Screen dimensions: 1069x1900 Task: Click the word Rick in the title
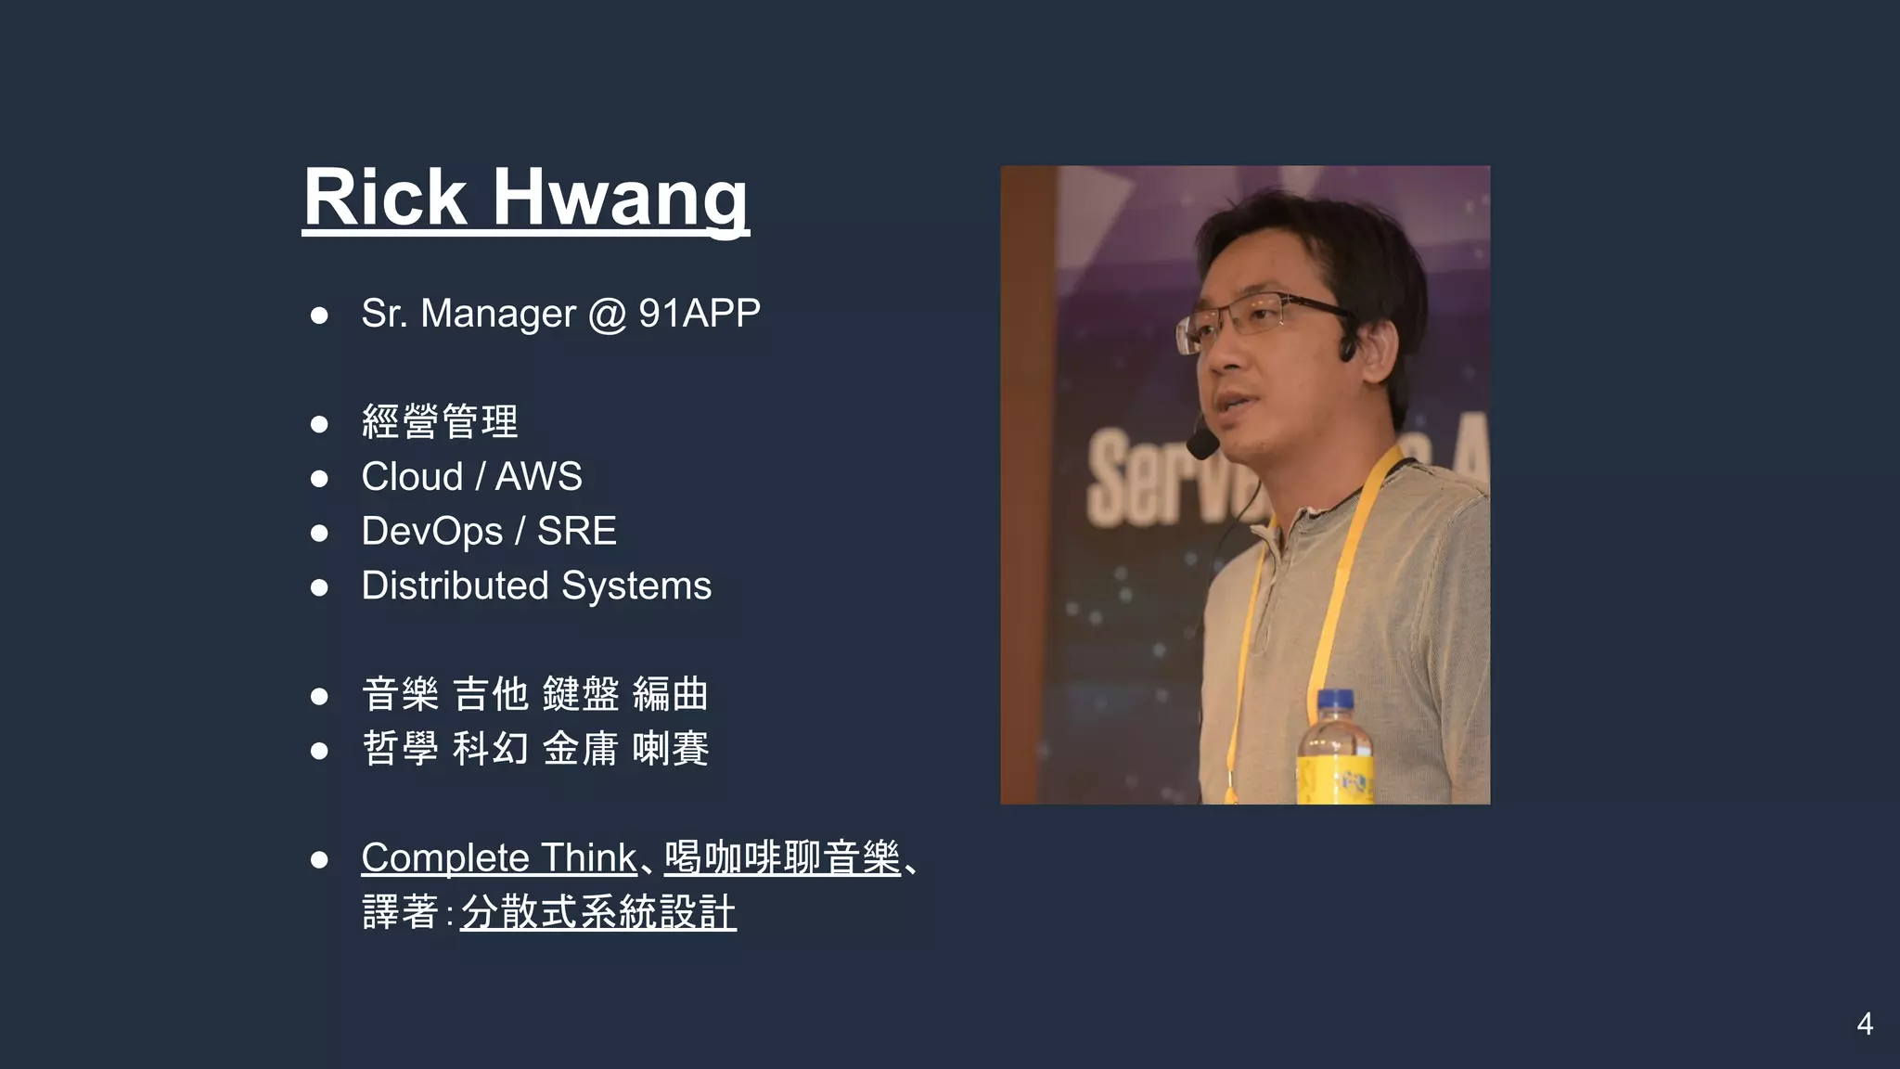385,198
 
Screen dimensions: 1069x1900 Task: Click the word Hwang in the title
620,198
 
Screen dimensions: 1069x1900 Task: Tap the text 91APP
699,314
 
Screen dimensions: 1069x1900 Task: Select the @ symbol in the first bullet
607,315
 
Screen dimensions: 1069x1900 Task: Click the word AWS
538,477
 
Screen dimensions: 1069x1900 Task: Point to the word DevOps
431,532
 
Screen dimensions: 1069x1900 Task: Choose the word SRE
576,532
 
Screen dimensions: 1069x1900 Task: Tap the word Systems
636,586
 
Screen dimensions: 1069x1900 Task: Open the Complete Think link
498,858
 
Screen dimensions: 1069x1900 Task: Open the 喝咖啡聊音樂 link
782,858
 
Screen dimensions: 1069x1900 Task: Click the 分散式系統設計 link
598,913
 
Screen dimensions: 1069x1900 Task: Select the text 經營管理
440,422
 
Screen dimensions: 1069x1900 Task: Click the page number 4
1865,1024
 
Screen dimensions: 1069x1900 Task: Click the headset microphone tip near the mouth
1201,446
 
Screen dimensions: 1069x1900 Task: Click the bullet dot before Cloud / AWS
319,478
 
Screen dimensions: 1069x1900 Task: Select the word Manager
497,314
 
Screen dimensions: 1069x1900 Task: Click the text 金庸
580,749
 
